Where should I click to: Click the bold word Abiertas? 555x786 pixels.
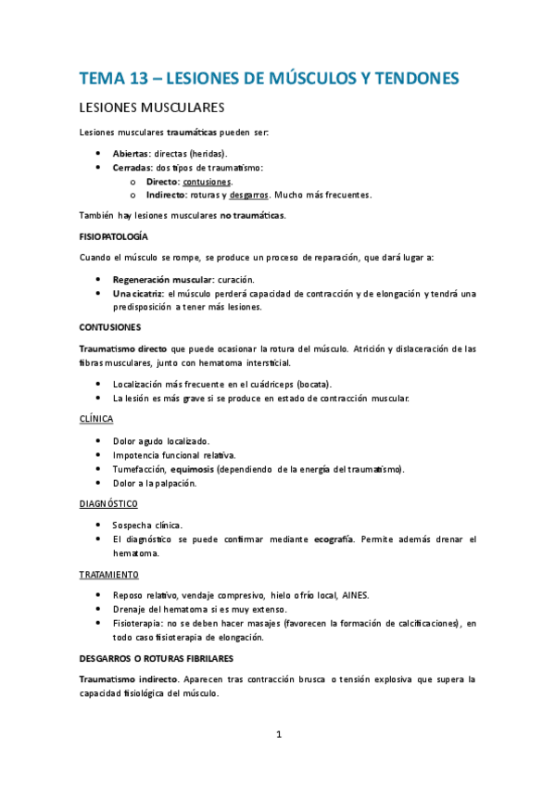(x=132, y=153)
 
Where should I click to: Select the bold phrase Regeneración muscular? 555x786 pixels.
(x=162, y=279)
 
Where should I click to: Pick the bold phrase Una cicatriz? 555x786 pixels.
(x=138, y=294)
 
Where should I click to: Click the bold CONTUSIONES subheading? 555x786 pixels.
(x=110, y=328)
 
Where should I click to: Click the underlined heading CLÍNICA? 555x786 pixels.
(x=96, y=419)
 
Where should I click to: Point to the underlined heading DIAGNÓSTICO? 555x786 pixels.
(x=107, y=503)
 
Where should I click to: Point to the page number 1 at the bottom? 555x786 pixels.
(x=278, y=735)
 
